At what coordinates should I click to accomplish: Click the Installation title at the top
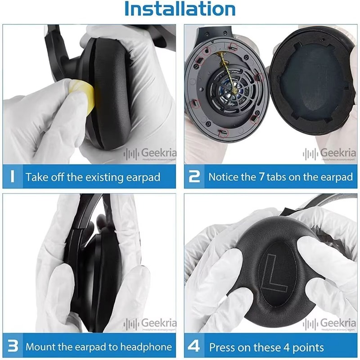click(180, 9)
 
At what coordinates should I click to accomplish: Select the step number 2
click(194, 176)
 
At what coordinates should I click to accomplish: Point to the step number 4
click(194, 346)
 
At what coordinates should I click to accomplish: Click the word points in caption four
click(306, 347)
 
